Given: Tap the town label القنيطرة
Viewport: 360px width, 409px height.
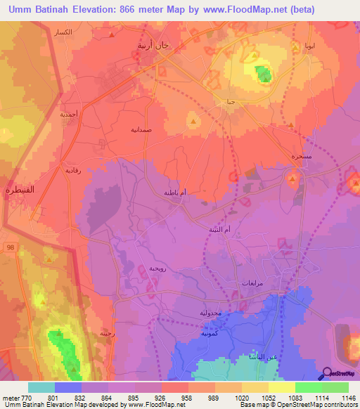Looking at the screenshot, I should pos(17,190).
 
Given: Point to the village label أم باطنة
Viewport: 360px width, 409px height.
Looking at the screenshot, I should pos(174,192).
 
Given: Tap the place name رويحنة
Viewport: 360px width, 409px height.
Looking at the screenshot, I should pos(157,268).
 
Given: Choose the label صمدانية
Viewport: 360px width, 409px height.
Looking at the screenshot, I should pos(141,130).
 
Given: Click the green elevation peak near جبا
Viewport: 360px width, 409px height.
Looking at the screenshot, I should pos(263,72).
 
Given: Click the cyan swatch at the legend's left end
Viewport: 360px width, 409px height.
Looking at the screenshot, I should pos(41,387).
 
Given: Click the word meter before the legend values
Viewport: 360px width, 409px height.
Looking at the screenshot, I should pos(11,397).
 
